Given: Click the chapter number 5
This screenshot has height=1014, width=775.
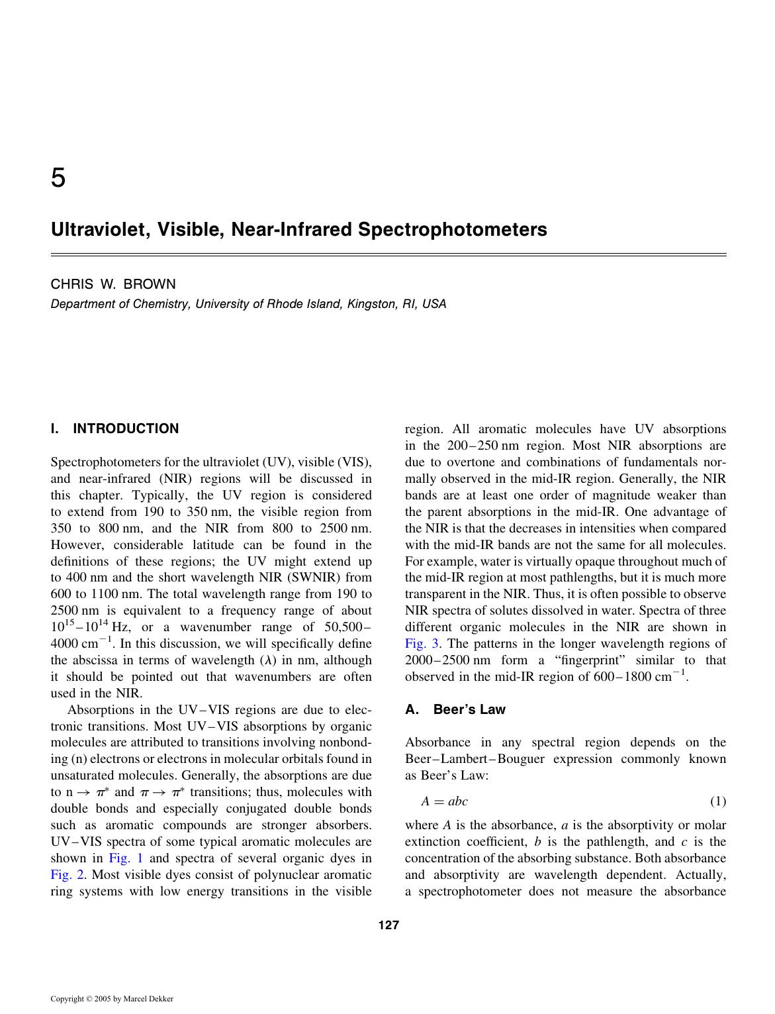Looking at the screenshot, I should (x=58, y=177).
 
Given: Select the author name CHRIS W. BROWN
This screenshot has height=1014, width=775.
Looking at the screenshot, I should (x=113, y=284).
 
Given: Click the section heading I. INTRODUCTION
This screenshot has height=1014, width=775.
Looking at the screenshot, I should (x=114, y=429).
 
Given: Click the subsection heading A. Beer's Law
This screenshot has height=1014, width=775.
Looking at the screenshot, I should (x=455, y=709).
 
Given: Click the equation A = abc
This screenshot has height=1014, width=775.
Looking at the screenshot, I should (x=444, y=801).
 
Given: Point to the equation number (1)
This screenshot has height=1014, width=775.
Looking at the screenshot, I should (x=717, y=801).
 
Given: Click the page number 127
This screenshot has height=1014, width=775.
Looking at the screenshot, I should (x=388, y=926).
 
